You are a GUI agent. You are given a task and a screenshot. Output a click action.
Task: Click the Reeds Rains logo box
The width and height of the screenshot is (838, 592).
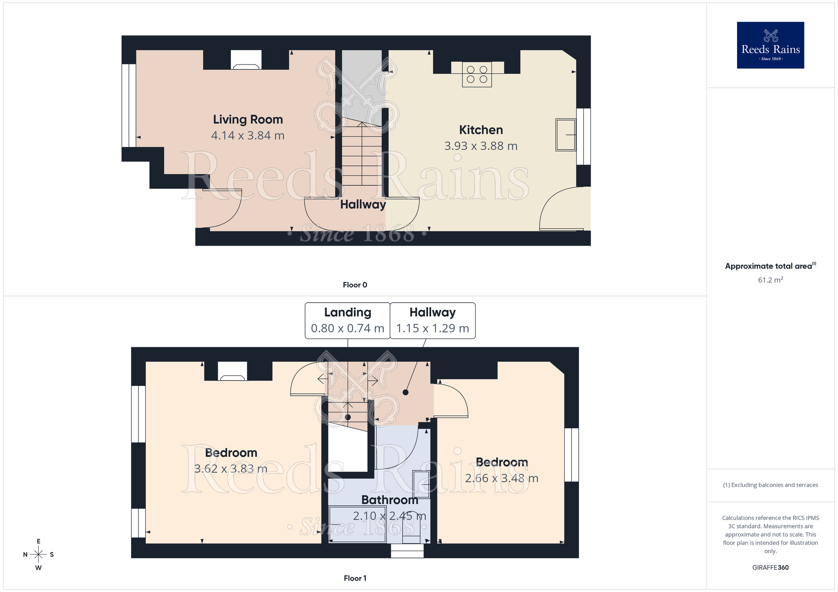click(770, 45)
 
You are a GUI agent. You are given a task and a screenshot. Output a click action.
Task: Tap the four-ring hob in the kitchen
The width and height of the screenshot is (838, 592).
click(477, 75)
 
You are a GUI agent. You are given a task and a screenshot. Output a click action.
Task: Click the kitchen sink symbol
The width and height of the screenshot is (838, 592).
click(565, 134)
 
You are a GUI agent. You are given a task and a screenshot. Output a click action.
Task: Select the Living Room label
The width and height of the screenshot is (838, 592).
click(248, 119)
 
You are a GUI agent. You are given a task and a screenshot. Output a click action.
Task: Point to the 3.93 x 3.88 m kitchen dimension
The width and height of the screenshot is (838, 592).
click(481, 146)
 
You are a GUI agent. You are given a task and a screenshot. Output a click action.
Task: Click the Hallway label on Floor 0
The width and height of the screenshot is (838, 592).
click(363, 204)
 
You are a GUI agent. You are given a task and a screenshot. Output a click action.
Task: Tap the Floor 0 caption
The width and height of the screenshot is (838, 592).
click(355, 285)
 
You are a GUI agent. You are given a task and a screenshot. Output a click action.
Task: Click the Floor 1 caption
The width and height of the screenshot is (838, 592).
click(355, 578)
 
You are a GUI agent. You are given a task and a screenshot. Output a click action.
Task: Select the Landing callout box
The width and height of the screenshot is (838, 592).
click(347, 320)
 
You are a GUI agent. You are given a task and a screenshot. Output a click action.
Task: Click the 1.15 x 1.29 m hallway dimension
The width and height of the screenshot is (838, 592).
click(432, 328)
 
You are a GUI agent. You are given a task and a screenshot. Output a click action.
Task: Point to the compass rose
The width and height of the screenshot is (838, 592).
click(38, 555)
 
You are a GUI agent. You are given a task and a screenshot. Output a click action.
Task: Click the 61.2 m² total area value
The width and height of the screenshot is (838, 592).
click(770, 280)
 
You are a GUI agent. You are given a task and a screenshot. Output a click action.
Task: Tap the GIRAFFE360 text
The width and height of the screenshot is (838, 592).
click(770, 567)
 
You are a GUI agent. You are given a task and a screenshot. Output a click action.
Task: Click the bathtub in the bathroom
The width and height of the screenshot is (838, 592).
click(357, 524)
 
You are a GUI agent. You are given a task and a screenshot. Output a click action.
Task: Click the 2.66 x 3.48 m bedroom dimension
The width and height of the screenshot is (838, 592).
click(502, 478)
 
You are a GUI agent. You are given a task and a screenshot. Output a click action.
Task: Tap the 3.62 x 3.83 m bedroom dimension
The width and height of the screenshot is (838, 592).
click(230, 468)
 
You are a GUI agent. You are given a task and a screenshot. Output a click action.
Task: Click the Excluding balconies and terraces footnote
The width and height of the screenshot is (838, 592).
click(770, 485)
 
